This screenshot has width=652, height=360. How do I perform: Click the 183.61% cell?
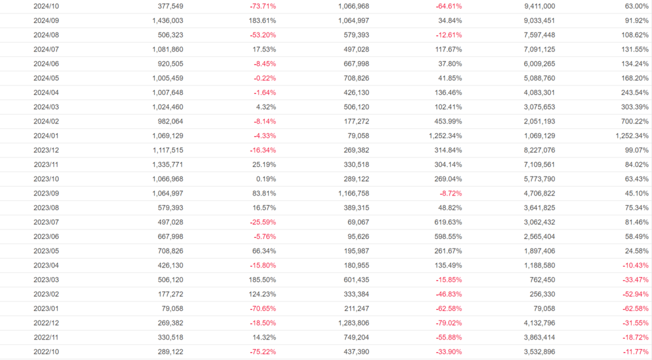point(263,20)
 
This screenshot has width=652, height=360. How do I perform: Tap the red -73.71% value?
point(263,6)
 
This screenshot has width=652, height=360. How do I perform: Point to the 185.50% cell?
point(263,279)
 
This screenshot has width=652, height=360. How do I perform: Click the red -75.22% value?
point(263,351)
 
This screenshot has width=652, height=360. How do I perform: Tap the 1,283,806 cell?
point(350,322)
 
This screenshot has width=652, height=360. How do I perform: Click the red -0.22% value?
point(264,78)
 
